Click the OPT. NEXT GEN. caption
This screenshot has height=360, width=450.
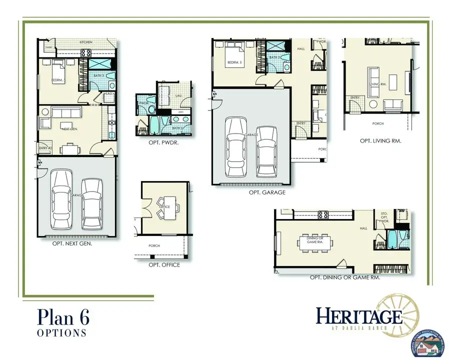72,244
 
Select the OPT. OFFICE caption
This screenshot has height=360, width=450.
164,265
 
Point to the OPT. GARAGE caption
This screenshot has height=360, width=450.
267,192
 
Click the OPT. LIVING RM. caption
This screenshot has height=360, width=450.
381,141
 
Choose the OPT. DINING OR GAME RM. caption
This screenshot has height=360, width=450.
344,277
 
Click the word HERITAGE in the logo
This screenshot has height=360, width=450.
359,316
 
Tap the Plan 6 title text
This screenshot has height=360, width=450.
63,317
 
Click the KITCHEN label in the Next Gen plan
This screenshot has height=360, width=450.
86,42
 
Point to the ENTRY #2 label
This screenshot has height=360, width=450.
45,148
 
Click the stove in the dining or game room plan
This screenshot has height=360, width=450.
323,215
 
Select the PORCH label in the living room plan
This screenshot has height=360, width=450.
378,123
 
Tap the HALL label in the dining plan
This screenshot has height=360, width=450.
363,228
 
